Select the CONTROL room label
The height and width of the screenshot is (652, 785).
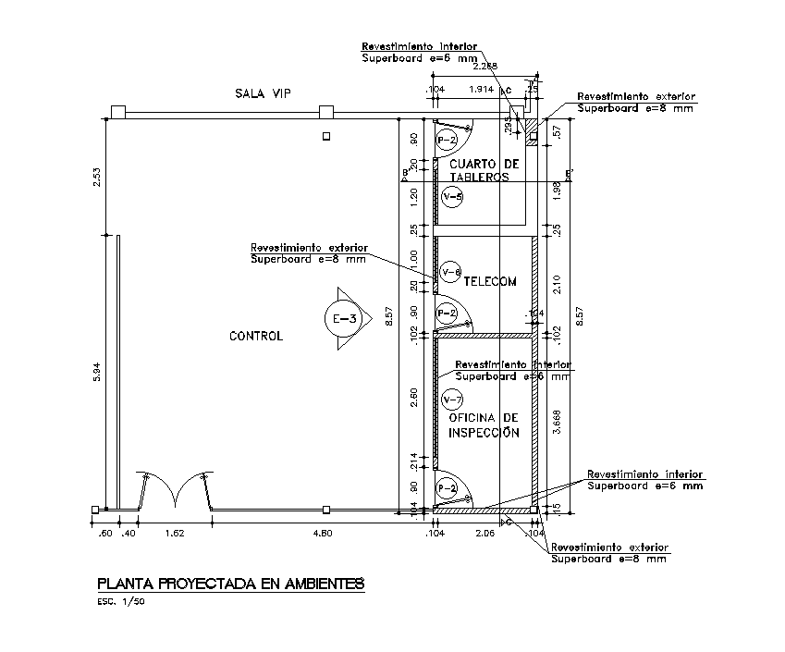click(x=256, y=336)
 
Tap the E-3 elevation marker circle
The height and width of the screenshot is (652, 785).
click(x=346, y=319)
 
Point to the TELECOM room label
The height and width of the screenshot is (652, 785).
click(x=490, y=281)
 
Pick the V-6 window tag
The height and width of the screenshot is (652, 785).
click(x=451, y=272)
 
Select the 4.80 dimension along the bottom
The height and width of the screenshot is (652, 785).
click(x=323, y=534)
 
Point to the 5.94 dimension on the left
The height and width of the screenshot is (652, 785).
click(x=95, y=374)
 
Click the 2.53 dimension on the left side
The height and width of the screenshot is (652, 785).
click(x=95, y=177)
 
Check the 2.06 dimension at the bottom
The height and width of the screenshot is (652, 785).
click(x=485, y=534)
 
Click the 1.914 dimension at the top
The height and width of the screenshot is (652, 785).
click(x=481, y=90)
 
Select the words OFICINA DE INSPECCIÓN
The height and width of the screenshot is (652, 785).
click(x=484, y=425)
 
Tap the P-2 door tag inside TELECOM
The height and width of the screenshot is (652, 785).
click(x=447, y=313)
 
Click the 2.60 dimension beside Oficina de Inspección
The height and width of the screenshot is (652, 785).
click(x=414, y=399)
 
